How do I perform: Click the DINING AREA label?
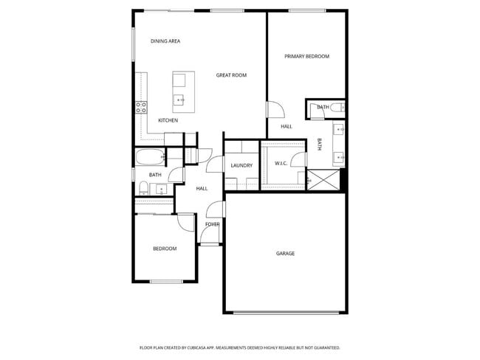[x=165, y=41]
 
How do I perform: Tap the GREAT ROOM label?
[x=231, y=75]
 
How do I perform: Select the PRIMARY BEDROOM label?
[x=306, y=56]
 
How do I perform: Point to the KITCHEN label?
[x=168, y=120]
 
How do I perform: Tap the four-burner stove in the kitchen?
[x=140, y=108]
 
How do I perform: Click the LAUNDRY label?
[x=241, y=165]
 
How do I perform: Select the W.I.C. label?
[x=281, y=163]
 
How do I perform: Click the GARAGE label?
[x=285, y=254]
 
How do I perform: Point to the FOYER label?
[x=212, y=224]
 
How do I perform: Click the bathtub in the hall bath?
[x=151, y=157]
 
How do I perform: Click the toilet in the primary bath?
[x=337, y=108]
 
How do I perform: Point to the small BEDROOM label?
[x=165, y=249]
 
